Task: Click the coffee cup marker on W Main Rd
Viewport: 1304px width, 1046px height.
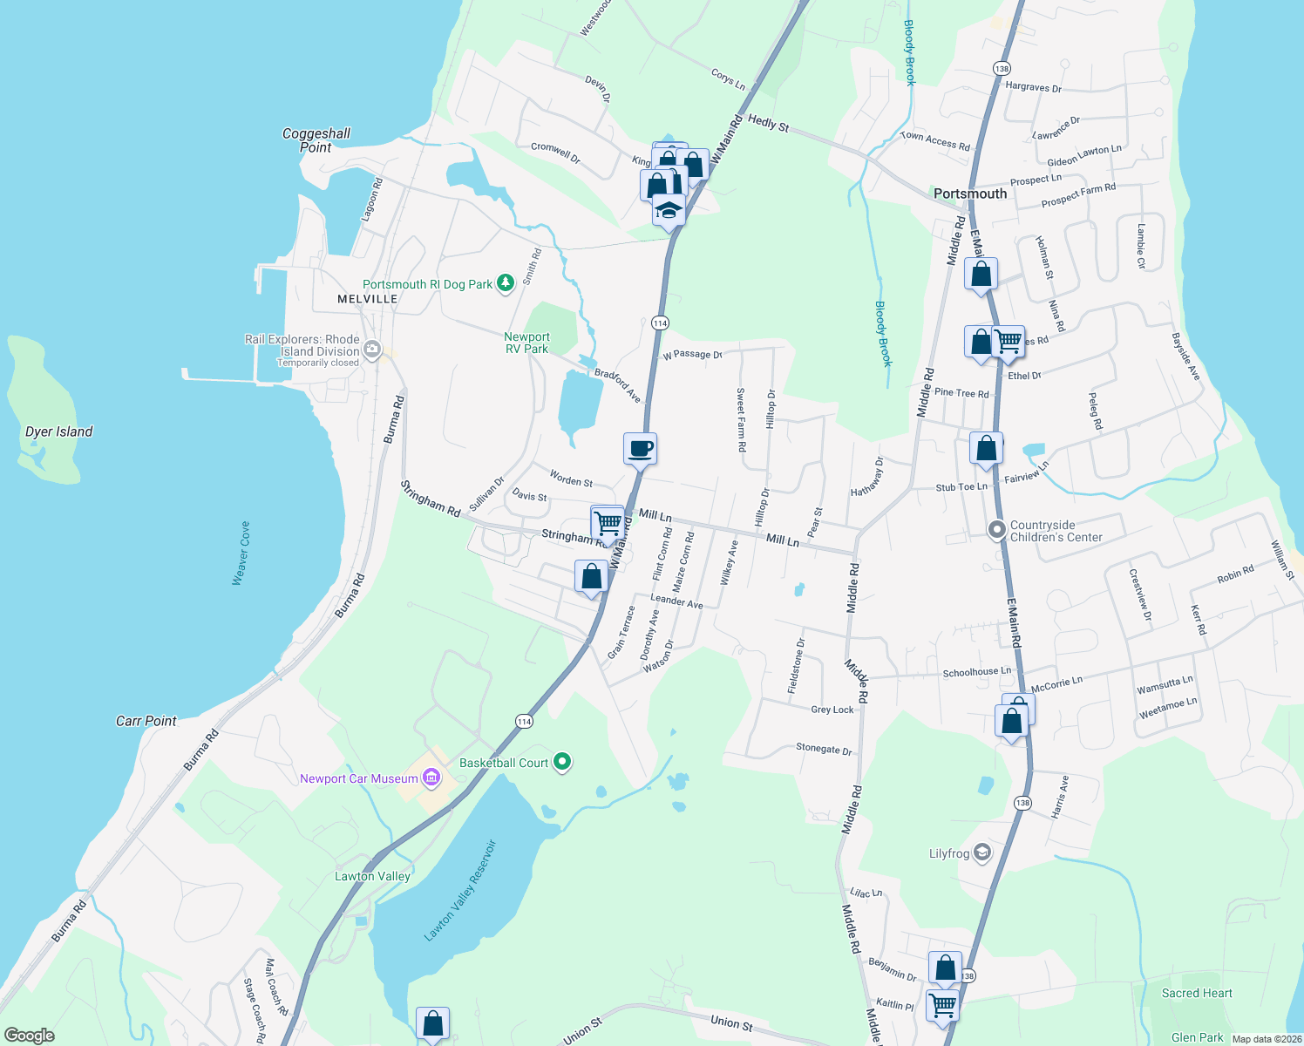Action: click(x=641, y=449)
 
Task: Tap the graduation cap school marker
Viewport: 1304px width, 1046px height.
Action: click(x=669, y=211)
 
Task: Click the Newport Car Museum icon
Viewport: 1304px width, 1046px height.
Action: click(x=431, y=778)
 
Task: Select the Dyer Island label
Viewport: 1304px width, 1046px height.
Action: click(x=58, y=431)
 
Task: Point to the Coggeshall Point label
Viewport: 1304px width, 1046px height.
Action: click(x=316, y=140)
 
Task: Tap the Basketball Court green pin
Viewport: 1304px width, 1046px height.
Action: click(x=562, y=763)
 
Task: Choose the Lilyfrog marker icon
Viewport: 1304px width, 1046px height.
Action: click(x=982, y=852)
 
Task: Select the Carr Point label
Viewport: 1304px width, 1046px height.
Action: click(x=146, y=721)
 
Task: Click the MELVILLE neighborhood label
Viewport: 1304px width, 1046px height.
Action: click(x=368, y=299)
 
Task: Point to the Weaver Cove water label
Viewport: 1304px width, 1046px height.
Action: click(x=241, y=553)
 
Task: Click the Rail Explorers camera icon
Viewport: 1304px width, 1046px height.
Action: click(x=373, y=350)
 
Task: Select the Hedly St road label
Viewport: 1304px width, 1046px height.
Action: click(x=768, y=124)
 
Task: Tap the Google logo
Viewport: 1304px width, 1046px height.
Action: click(x=29, y=1035)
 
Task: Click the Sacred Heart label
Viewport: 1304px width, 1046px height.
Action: click(x=1197, y=993)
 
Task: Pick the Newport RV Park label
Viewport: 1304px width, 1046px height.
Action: click(x=526, y=343)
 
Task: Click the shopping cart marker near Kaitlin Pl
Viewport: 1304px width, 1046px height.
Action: click(x=943, y=1005)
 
